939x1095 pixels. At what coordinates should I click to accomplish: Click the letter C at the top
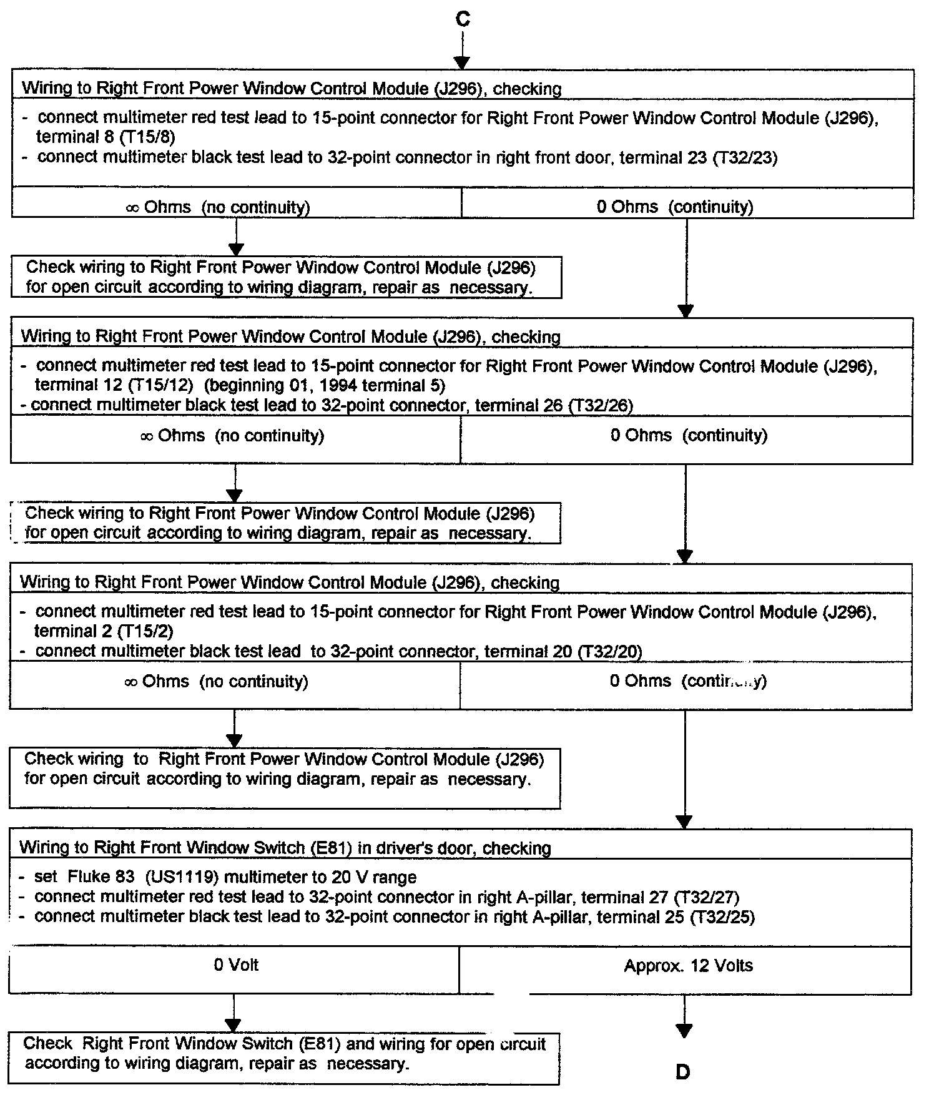click(462, 19)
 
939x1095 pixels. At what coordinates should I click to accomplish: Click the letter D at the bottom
click(683, 1072)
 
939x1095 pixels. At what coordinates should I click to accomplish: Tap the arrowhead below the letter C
click(461, 62)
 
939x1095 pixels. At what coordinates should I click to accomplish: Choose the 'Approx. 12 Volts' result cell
click(688, 966)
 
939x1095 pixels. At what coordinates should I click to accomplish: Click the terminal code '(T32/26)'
click(600, 406)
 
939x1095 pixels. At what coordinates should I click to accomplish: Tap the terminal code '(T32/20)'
click(609, 652)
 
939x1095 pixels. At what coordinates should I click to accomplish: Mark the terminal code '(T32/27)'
click(706, 898)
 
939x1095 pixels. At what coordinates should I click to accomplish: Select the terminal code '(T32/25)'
click(722, 917)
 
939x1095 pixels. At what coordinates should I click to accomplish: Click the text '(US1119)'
click(182, 877)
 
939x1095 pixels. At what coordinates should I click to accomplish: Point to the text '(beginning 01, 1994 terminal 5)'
click(325, 385)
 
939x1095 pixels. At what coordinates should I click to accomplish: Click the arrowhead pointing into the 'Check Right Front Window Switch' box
click(233, 1026)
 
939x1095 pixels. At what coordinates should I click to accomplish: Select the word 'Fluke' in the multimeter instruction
click(87, 877)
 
